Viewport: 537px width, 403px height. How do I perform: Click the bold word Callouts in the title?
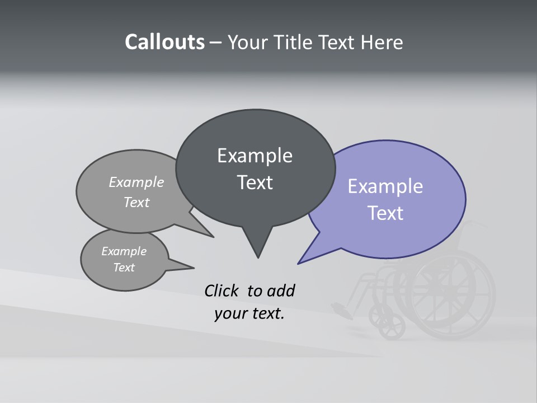click(x=164, y=42)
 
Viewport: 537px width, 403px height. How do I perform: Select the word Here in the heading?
click(x=382, y=42)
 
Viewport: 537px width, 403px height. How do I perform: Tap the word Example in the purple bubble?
click(x=385, y=186)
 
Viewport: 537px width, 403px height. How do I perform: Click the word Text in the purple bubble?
click(x=385, y=213)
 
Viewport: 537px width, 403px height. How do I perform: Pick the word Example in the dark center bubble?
click(x=255, y=156)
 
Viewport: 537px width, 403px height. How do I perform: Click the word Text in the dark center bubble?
click(x=255, y=182)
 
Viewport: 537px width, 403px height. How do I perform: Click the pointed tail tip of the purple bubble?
click(x=299, y=263)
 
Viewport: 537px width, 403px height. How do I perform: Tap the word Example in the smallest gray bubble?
click(x=124, y=251)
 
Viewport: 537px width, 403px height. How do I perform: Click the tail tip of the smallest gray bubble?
click(x=193, y=267)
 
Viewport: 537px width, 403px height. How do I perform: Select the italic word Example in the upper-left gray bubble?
click(x=136, y=182)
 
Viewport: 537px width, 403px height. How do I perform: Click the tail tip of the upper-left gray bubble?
click(x=213, y=237)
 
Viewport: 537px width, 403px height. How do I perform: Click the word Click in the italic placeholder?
click(x=223, y=291)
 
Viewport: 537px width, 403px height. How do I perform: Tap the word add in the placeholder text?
click(x=281, y=291)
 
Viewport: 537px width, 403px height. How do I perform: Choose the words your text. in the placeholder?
click(x=249, y=313)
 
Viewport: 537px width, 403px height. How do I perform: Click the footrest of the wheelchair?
click(x=341, y=309)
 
